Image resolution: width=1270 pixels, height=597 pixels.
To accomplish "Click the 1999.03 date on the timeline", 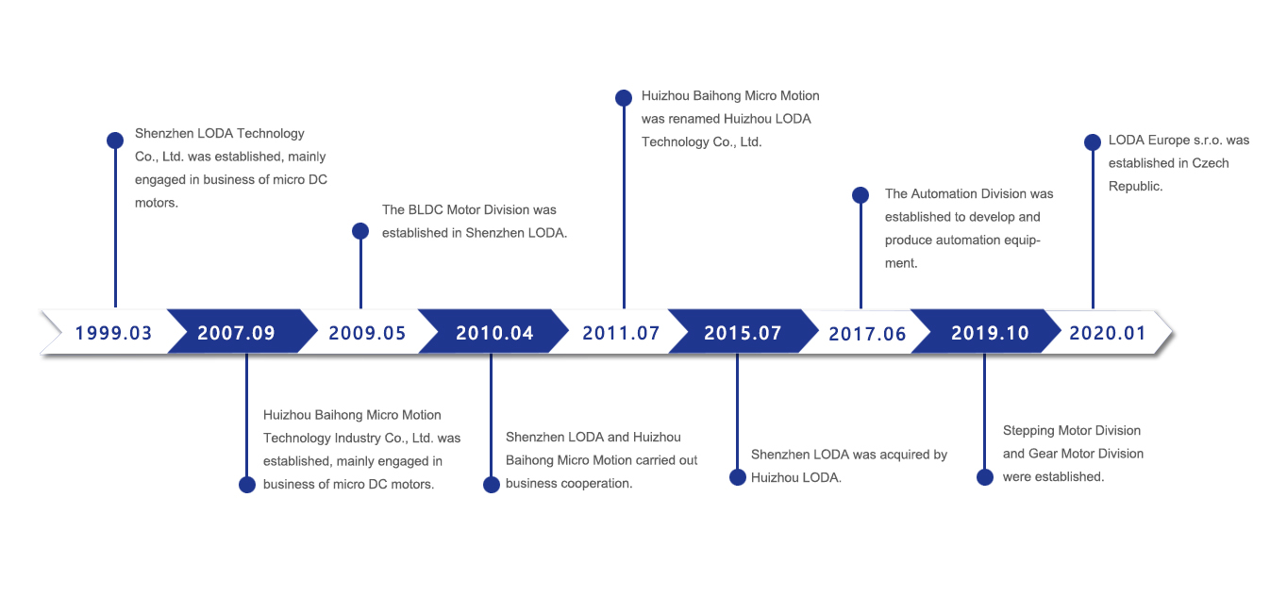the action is click(113, 333).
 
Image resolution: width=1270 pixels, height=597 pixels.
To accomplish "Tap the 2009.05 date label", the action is click(367, 333).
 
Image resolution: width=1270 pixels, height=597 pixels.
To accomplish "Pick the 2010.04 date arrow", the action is click(493, 332).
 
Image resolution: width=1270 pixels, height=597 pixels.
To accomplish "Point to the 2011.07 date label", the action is click(622, 333).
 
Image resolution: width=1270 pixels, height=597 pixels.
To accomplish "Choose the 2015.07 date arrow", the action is click(744, 332).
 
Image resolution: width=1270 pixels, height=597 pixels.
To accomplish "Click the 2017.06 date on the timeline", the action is click(867, 334).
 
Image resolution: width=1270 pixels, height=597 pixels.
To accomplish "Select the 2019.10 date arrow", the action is click(986, 332).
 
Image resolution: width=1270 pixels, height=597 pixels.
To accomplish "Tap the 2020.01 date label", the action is click(1108, 333).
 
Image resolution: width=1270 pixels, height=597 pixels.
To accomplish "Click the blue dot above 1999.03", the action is click(115, 140).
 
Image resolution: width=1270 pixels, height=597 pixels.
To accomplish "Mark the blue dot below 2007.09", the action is click(247, 485).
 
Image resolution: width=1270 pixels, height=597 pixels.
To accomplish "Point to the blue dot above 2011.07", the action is click(624, 97).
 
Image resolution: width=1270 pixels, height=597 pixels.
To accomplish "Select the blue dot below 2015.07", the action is click(738, 477).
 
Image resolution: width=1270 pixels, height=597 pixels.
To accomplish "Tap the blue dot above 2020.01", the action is click(1093, 141).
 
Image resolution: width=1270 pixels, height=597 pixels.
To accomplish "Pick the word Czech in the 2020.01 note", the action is click(1211, 163).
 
